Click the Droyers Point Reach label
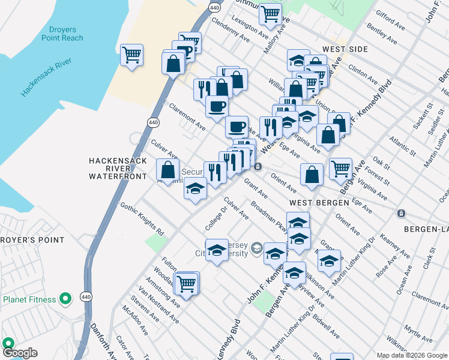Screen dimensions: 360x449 [62, 34]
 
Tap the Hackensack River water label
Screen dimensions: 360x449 [47, 77]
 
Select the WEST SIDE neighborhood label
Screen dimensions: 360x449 [344, 49]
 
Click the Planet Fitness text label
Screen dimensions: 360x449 [29, 299]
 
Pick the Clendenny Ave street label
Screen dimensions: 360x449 [231, 29]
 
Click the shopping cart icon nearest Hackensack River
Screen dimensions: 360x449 [131, 55]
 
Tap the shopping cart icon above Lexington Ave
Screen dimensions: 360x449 [271, 12]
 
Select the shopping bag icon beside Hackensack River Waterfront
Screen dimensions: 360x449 [168, 169]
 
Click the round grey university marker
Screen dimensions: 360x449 [256, 248]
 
